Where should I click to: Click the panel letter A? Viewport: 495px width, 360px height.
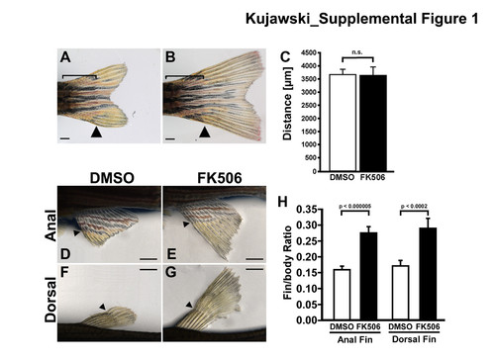coord(65,57)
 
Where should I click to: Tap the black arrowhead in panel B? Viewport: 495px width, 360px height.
coord(205,133)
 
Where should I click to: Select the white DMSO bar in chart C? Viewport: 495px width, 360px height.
coord(343,123)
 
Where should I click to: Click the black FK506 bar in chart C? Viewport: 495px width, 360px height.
coord(373,123)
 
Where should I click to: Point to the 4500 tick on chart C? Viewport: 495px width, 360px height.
coord(309,52)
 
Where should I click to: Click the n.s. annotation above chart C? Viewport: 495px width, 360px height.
coord(357,52)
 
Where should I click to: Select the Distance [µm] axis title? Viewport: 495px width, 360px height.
coord(287,104)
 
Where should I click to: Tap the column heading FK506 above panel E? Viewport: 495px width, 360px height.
coord(220,178)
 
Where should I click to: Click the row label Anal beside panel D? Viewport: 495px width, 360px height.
coord(50,225)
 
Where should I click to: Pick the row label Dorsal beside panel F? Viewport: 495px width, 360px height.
coord(50,300)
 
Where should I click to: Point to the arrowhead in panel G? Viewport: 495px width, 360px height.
coord(189,305)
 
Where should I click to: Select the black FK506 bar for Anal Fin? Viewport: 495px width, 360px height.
coord(368,276)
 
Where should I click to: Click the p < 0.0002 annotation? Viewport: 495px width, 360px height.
coord(414,207)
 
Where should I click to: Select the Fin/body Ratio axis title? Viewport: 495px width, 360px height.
coord(288,263)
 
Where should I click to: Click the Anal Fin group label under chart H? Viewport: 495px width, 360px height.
coord(354,339)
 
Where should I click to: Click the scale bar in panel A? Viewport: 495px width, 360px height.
coord(65,138)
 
